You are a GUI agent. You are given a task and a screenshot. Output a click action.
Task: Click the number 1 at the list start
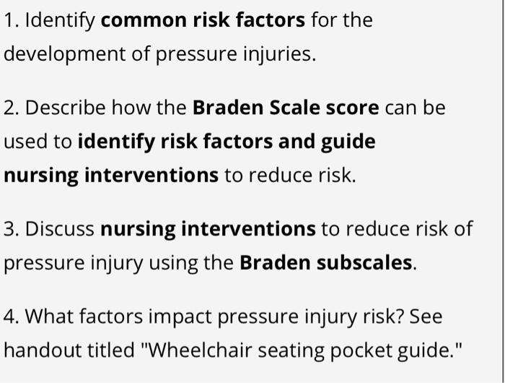point(9,20)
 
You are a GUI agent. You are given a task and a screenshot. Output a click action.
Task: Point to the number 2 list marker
point(9,108)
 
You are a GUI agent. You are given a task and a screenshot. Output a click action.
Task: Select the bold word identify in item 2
point(113,142)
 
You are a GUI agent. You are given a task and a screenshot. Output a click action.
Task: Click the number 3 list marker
point(9,229)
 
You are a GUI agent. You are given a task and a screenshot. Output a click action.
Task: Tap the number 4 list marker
point(9,317)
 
